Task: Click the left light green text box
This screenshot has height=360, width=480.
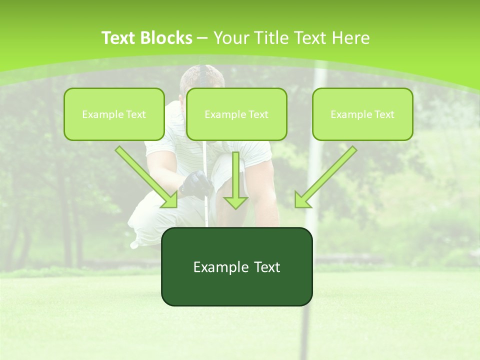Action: [x=114, y=114]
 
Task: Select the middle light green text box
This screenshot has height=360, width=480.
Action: [x=236, y=114]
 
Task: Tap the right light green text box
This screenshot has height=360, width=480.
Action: [x=362, y=114]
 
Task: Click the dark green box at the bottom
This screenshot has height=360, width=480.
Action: [x=236, y=266]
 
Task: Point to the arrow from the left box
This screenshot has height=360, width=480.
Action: [x=145, y=175]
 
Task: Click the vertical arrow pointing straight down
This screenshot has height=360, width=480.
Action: [x=235, y=180]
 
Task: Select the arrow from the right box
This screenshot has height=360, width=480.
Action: [x=327, y=175]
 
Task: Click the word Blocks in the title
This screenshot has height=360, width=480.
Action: [x=166, y=38]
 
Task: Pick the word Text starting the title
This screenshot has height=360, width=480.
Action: [x=118, y=38]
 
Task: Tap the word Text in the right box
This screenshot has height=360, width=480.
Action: [x=383, y=114]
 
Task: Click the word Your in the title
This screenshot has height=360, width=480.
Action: [x=231, y=38]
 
